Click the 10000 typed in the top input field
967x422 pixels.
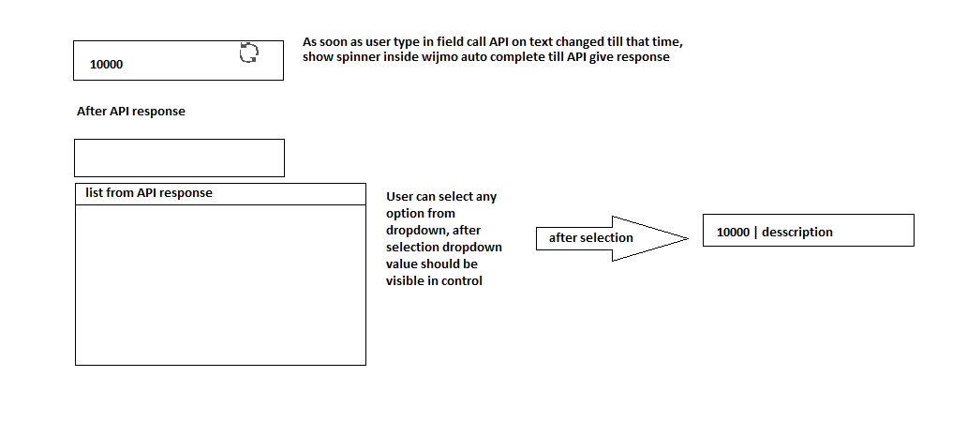click(x=106, y=64)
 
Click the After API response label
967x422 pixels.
click(x=131, y=112)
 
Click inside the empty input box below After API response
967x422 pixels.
click(x=179, y=158)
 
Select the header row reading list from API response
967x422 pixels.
click(x=220, y=194)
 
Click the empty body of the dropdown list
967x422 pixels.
click(x=220, y=284)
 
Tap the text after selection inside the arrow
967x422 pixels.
click(x=591, y=237)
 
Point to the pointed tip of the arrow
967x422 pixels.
click(x=688, y=238)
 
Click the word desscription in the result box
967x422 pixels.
click(x=797, y=232)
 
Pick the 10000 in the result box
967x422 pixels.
click(x=733, y=233)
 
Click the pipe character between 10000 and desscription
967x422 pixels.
click(x=755, y=233)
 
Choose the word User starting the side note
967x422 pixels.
click(x=398, y=198)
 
